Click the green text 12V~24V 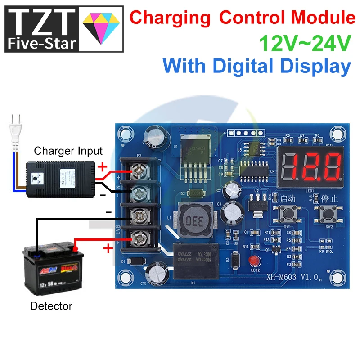click(x=305, y=43)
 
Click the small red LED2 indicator click(x=255, y=261)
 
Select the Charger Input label click(x=68, y=151)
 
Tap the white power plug click(x=16, y=131)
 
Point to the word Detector click(x=51, y=306)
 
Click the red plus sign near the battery click(x=108, y=248)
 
